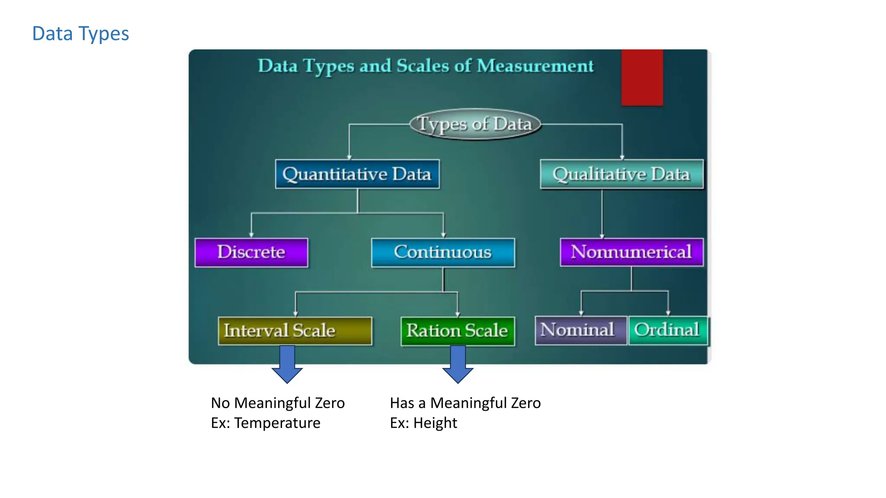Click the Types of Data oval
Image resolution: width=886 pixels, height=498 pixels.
[x=475, y=124]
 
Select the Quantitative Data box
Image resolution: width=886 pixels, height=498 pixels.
[x=357, y=174]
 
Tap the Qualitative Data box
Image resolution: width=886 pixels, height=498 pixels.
[x=622, y=174]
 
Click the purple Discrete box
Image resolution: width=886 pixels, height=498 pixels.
[x=251, y=252]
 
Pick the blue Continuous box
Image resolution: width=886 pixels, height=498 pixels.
[x=443, y=252]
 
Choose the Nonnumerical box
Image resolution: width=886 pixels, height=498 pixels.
[x=631, y=252]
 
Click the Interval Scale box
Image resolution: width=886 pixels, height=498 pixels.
[x=295, y=331]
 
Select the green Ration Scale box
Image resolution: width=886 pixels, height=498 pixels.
[x=457, y=331]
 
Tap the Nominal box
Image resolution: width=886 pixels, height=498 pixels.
[x=580, y=330]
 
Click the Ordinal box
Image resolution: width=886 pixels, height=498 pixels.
[x=667, y=330]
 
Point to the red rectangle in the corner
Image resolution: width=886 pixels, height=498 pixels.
[x=642, y=77]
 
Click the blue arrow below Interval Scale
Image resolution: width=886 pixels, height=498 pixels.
[x=287, y=364]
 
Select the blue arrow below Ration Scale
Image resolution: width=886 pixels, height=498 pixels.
[x=458, y=364]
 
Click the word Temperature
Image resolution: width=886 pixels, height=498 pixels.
[x=277, y=423]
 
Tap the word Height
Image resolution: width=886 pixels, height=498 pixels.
[x=435, y=423]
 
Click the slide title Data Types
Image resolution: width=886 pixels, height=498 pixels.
[x=81, y=34]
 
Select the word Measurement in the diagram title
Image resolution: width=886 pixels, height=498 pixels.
[x=535, y=66]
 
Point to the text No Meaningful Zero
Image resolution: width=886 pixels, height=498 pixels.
[x=278, y=403]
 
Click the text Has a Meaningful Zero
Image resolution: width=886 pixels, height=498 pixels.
[x=465, y=403]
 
